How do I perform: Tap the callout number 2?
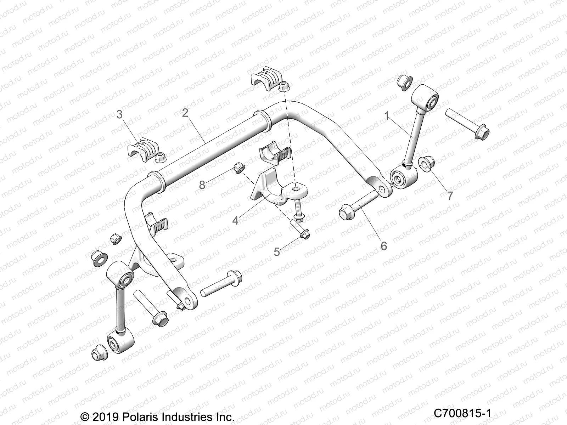pyautogui.click(x=185, y=103)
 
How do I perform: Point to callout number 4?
pyautogui.click(x=235, y=220)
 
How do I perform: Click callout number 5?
pyautogui.click(x=277, y=252)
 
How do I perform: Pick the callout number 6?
pyautogui.click(x=384, y=245)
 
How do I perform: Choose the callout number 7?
pyautogui.click(x=450, y=195)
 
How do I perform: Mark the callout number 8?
pyautogui.click(x=202, y=185)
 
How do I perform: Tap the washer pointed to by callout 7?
pyautogui.click(x=427, y=163)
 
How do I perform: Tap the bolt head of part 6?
pyautogui.click(x=347, y=212)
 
